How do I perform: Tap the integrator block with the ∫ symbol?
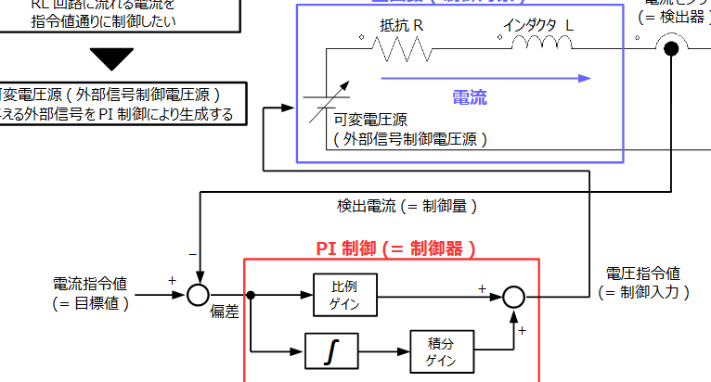click(331, 351)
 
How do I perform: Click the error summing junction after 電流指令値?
click(197, 295)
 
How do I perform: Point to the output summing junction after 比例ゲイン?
click(513, 296)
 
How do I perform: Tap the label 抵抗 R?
click(402, 25)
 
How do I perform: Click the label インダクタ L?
click(538, 25)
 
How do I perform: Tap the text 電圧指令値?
click(642, 274)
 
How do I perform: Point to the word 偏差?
click(225, 312)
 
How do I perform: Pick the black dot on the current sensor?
click(671, 49)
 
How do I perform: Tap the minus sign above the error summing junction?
click(193, 253)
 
